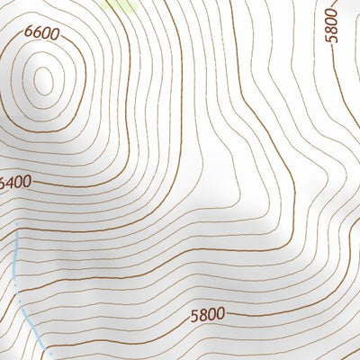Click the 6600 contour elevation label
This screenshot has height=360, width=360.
[41, 34]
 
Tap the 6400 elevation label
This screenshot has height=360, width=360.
[15, 182]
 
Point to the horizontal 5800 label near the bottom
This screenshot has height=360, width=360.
[208, 316]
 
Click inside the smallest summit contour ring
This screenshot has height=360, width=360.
[42, 79]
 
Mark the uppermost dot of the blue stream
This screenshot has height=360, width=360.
[16, 221]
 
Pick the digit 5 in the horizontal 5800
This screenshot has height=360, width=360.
[195, 317]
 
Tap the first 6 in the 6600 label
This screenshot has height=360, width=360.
[29, 34]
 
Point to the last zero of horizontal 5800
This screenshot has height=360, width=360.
[220, 315]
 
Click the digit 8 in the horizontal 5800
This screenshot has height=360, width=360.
[203, 316]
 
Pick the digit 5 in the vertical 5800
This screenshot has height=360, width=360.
[332, 37]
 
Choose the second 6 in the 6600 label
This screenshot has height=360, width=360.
[37, 34]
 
